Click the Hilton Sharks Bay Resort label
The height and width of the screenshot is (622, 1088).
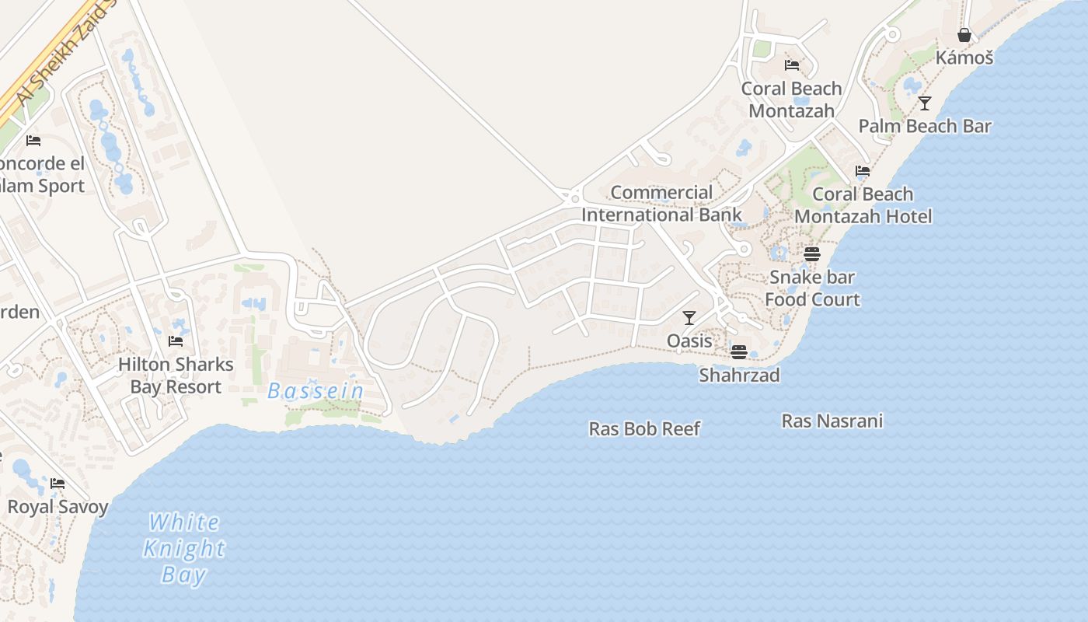176,376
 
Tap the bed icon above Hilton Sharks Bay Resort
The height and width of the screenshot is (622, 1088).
176,341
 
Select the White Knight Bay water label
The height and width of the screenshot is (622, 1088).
184,548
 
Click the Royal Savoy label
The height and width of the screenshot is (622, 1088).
58,507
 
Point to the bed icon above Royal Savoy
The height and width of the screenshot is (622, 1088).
58,484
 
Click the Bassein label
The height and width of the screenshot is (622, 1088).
316,391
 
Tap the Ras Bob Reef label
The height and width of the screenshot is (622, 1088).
644,428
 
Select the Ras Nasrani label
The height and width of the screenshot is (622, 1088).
832,421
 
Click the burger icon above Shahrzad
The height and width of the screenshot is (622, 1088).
738,351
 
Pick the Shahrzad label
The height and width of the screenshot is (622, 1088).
739,375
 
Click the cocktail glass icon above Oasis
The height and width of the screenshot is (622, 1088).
689,317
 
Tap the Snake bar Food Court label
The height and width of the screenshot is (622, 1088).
812,288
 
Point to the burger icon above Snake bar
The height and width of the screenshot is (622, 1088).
812,253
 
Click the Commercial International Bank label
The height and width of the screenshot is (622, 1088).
661,204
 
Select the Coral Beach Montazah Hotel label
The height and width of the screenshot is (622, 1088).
863,205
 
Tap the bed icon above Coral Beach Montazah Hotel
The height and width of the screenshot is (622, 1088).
862,171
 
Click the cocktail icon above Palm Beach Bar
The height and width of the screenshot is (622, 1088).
925,103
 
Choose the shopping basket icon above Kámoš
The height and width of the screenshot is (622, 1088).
964,35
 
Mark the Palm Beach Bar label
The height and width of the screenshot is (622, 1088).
925,126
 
